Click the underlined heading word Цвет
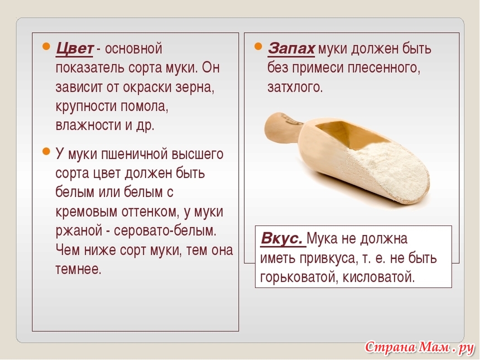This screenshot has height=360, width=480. [x=74, y=49]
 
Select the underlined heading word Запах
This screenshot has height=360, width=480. [x=291, y=49]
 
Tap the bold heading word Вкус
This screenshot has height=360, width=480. [x=282, y=238]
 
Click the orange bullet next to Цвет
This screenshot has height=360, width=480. [x=46, y=46]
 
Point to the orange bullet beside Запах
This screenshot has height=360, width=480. [x=258, y=46]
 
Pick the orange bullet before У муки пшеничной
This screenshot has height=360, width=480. [x=46, y=151]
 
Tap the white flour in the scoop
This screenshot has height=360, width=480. [x=389, y=165]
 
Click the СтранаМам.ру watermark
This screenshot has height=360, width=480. [x=419, y=348]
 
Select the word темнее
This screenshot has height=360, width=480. [x=78, y=270]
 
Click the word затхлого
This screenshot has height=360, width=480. [x=295, y=88]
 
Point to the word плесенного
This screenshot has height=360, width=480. [x=384, y=68]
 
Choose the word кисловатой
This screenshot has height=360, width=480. [x=378, y=277]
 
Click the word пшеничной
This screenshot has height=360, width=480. [x=135, y=154]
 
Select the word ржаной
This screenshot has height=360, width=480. [x=79, y=231]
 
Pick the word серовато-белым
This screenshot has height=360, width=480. [x=165, y=231]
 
